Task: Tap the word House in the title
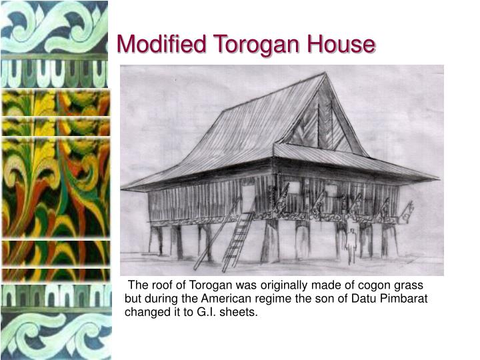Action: point(341,45)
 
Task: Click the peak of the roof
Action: point(324,75)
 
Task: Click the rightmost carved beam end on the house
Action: point(405,211)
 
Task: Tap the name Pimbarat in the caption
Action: point(403,299)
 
